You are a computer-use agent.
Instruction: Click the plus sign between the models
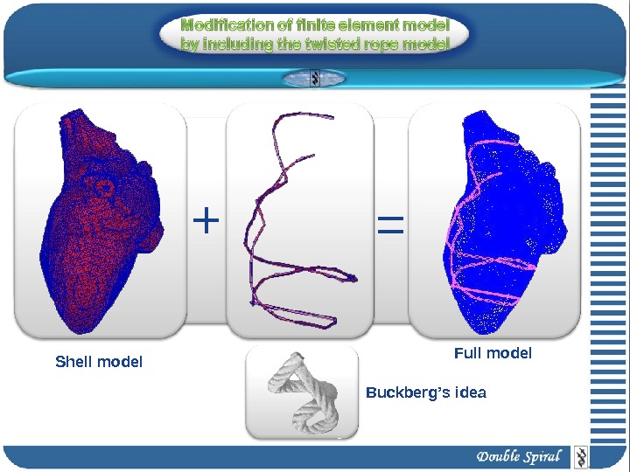[205, 221]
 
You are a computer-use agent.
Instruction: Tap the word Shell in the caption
[73, 362]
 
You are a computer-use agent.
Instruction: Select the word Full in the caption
[468, 353]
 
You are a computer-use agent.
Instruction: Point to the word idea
[468, 393]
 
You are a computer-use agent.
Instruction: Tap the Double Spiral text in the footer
[519, 457]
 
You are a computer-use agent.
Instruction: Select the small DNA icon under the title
[316, 79]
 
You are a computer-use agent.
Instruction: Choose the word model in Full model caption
[510, 353]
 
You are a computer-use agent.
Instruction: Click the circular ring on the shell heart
[106, 186]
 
